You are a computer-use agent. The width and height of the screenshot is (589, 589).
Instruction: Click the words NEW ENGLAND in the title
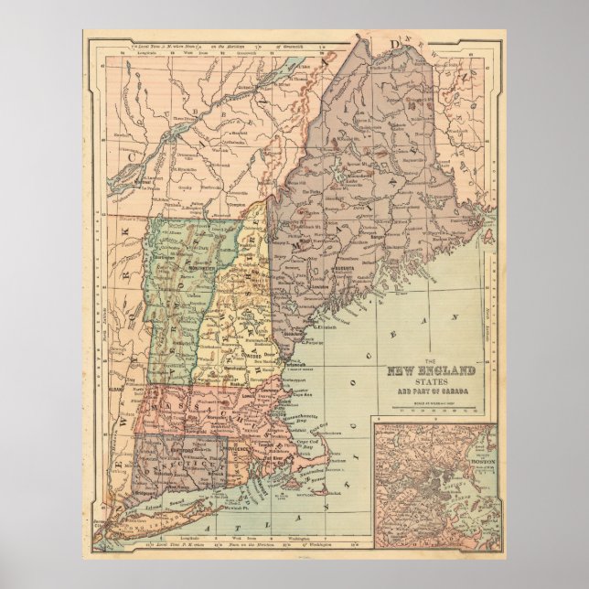(x=432, y=370)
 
